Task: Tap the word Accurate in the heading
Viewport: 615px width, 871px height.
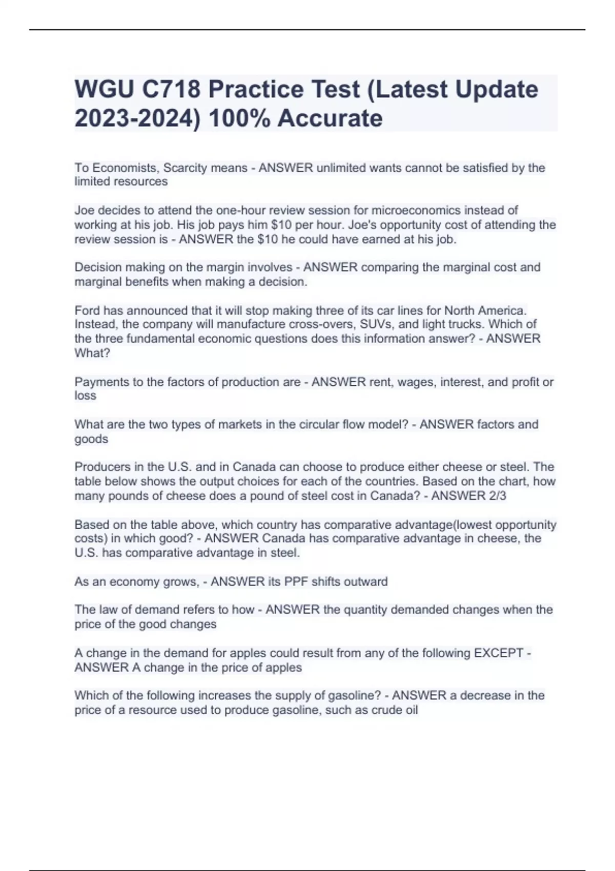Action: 330,118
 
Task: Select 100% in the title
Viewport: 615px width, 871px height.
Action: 240,118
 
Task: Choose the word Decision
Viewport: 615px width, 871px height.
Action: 98,267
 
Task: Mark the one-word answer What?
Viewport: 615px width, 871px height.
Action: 92,353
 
